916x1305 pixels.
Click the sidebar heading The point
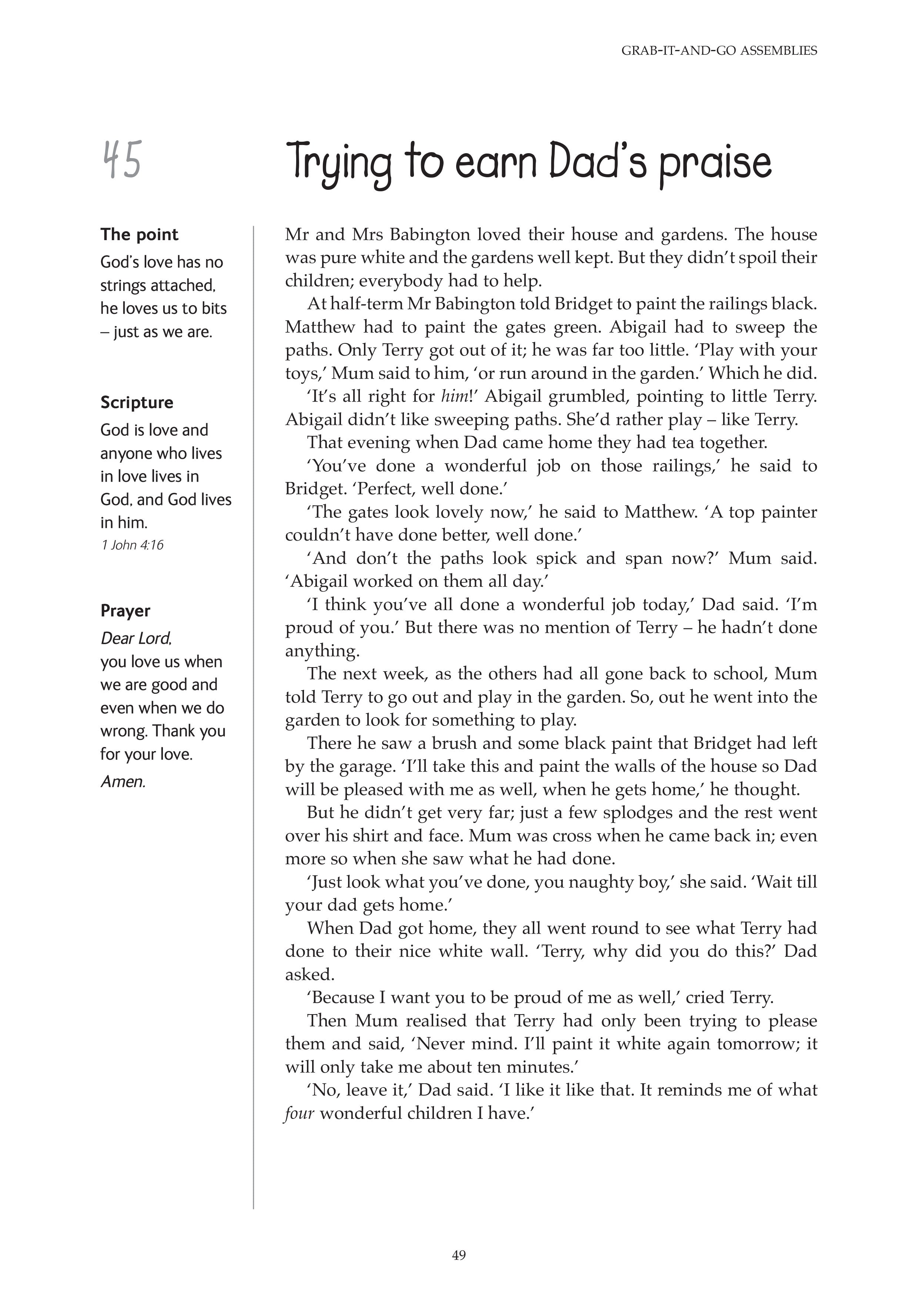click(x=139, y=234)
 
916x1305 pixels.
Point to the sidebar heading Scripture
click(x=137, y=403)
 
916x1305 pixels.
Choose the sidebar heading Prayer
click(x=126, y=611)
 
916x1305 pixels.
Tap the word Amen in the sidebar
click(x=123, y=782)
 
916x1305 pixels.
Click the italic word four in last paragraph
click(x=299, y=1113)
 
